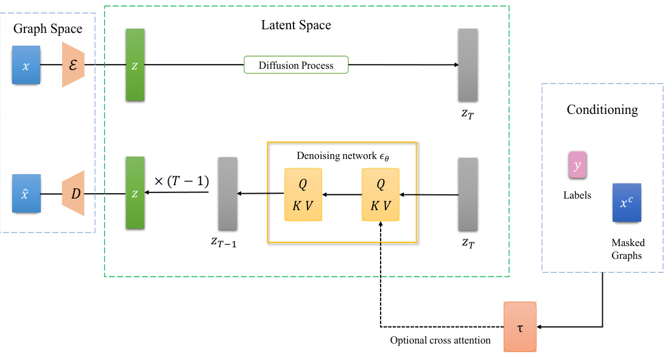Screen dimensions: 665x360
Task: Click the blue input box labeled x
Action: coord(26,65)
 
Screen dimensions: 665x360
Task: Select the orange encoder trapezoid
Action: coord(73,65)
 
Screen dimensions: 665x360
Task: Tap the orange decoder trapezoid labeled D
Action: coord(73,193)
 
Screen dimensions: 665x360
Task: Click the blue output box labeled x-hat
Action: coord(26,193)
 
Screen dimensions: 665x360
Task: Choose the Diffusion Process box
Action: coord(296,65)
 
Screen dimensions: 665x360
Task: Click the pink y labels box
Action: coord(577,165)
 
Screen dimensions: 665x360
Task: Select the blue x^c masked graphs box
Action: coord(627,203)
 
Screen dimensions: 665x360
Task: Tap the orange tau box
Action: coord(520,327)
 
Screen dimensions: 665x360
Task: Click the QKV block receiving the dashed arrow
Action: coord(381,195)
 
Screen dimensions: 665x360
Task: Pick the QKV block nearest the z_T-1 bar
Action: coord(303,195)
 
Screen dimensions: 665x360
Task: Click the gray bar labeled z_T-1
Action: coord(228,193)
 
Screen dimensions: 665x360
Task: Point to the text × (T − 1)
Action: coord(181,181)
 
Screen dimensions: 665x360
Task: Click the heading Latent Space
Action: coord(296,25)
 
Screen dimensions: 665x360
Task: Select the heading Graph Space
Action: coord(48,29)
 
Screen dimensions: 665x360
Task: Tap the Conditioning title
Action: coord(602,110)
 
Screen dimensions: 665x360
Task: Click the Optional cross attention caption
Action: coord(440,340)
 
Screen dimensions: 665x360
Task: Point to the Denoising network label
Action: coord(343,156)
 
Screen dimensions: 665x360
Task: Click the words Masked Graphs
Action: coord(628,249)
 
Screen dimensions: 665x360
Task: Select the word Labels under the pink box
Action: coord(577,195)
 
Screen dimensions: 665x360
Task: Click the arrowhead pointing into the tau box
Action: coord(540,327)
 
